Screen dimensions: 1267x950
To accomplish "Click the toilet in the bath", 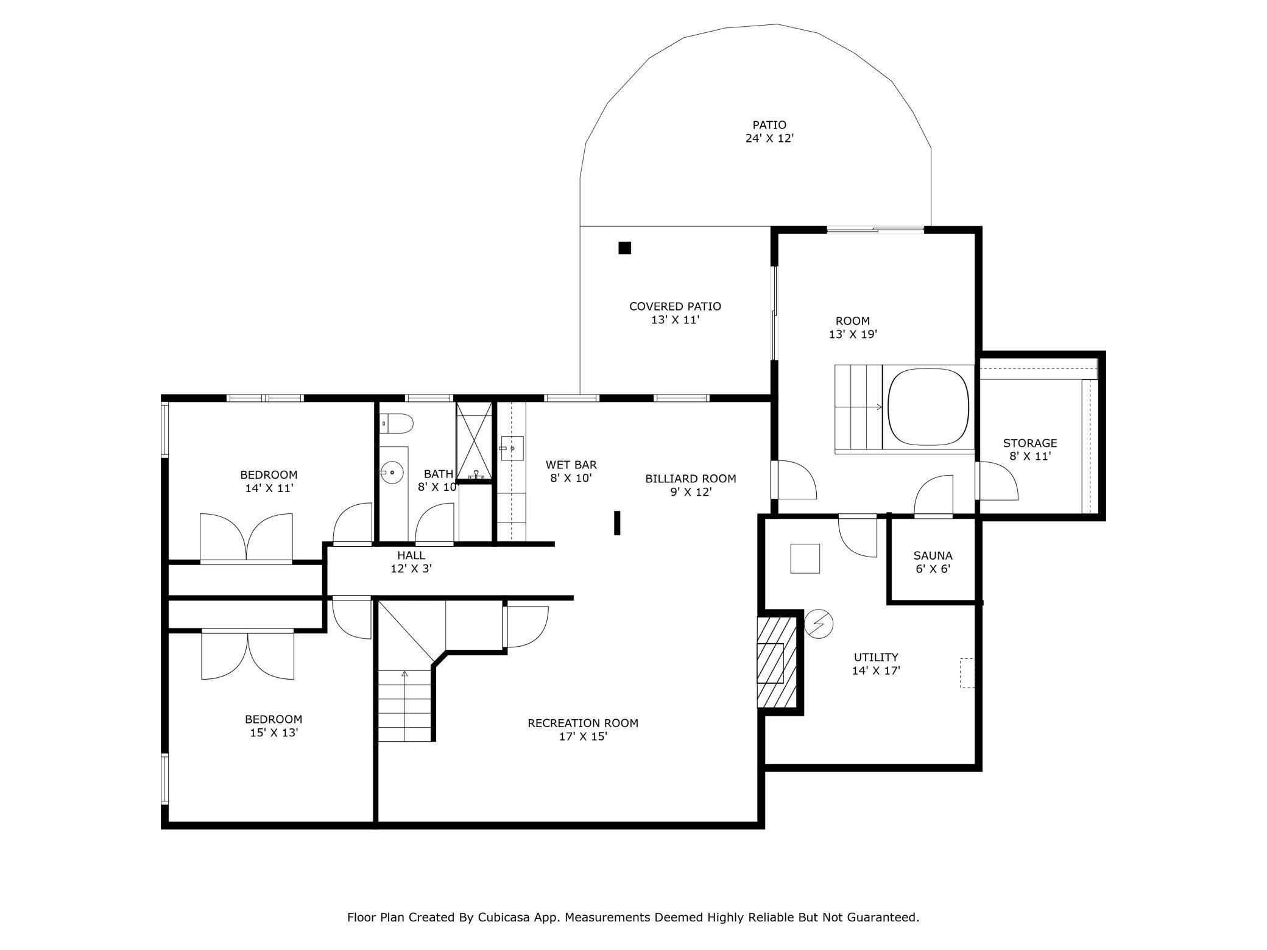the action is pos(397,423).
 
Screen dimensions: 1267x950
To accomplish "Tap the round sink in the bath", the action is pos(392,471).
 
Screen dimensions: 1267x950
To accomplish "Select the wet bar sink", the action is pos(512,448).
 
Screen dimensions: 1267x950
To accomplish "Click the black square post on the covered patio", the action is pos(624,248).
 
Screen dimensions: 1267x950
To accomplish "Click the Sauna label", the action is pos(933,555).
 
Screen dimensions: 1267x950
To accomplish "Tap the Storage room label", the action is pos(1030,443).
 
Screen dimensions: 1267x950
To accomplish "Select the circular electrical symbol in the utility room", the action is pos(819,624).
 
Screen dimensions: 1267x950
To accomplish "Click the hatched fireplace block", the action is pos(777,663).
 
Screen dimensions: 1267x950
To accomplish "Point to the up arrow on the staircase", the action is pos(404,674).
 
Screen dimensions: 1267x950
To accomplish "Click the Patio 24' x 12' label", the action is pos(769,132).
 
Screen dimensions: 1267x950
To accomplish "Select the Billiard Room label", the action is pos(691,479).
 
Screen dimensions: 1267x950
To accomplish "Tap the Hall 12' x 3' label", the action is pos(411,562).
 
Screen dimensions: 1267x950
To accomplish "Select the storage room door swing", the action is pos(998,481).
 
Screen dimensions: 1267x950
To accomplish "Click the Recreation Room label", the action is pos(583,723).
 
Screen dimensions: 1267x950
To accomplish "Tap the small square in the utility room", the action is pos(805,558).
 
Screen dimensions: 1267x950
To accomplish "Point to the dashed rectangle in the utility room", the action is pos(967,673).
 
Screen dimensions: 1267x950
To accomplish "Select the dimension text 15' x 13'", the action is pos(274,733).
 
